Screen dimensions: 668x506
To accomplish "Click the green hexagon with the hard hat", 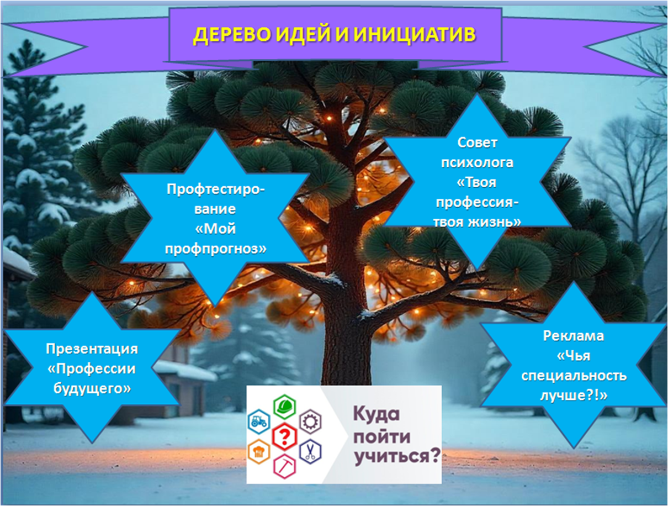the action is pyautogui.click(x=284, y=407).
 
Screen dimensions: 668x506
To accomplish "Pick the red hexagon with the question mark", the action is pyautogui.click(x=284, y=437).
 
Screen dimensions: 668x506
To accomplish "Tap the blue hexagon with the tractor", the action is pyautogui.click(x=259, y=421).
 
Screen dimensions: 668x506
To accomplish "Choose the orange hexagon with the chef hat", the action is pyautogui.click(x=259, y=451).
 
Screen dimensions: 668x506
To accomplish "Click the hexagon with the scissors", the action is pyautogui.click(x=310, y=451).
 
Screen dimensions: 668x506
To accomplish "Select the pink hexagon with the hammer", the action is pyautogui.click(x=284, y=466).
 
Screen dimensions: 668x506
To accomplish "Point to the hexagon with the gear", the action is pyautogui.click(x=310, y=421).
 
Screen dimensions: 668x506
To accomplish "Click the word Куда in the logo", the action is pyautogui.click(x=376, y=415).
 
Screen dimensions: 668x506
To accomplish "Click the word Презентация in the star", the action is pyautogui.click(x=92, y=349).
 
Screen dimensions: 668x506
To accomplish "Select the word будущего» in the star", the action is pyautogui.click(x=92, y=388).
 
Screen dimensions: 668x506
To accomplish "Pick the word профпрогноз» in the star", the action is pyautogui.click(x=216, y=249).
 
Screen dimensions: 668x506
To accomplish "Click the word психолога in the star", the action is pyautogui.click(x=477, y=163).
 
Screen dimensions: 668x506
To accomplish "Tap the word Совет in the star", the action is pyautogui.click(x=477, y=143).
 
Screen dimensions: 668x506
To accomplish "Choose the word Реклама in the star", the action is pyautogui.click(x=574, y=336).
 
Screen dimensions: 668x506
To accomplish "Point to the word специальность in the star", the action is pyautogui.click(x=574, y=376).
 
